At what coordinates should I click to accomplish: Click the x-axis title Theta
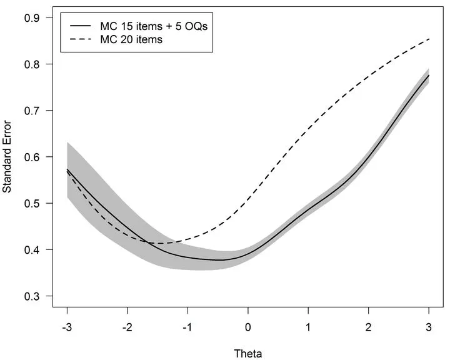[x=248, y=353]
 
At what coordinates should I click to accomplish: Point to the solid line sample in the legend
[x=82, y=27]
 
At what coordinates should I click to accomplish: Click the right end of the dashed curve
[x=429, y=39]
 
